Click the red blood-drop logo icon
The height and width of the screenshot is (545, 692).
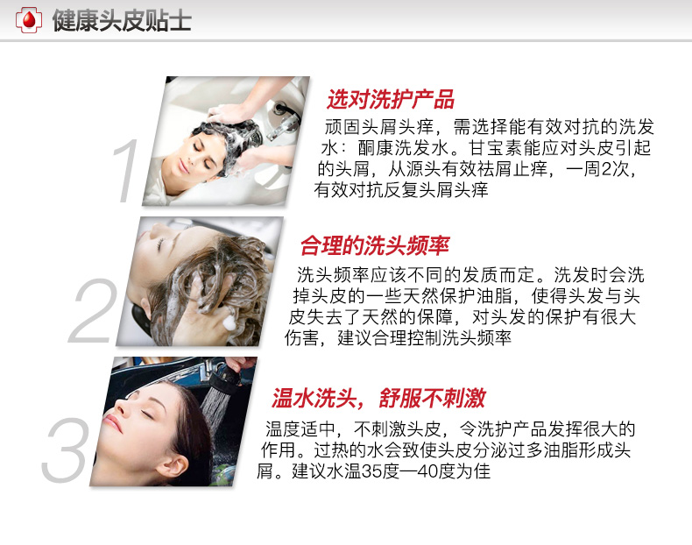(29, 20)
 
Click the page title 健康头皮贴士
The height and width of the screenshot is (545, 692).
(122, 20)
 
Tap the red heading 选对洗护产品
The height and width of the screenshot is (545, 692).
(391, 99)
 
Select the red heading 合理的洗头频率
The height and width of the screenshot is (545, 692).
(375, 246)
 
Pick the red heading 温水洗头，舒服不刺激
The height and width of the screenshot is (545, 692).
(378, 398)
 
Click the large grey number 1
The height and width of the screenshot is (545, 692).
(127, 171)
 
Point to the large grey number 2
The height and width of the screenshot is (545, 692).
(92, 311)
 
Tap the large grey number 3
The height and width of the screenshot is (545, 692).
(65, 450)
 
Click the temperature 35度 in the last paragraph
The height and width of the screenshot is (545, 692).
(380, 471)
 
